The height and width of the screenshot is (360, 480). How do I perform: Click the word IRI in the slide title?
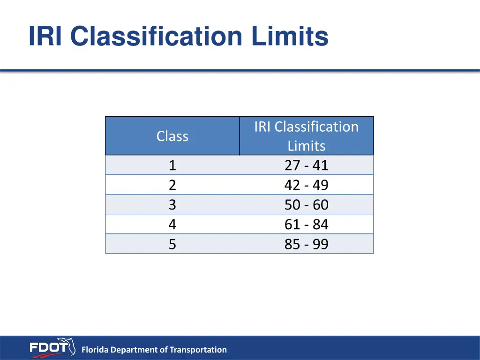point(46,37)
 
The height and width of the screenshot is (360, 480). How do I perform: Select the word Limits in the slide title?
point(289,37)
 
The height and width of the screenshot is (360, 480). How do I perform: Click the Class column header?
point(172,136)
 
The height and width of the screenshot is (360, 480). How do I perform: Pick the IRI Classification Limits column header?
point(307,136)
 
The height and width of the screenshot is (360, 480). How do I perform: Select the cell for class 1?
point(172,165)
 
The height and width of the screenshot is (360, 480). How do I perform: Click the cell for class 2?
point(172,185)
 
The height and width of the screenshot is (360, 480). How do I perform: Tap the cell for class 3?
point(172,205)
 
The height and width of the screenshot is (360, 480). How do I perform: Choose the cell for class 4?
point(172,225)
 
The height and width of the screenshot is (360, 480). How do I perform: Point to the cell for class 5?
point(172,244)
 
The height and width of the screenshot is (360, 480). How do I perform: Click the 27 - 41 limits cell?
point(307,165)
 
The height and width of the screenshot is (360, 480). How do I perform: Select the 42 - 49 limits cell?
point(307,185)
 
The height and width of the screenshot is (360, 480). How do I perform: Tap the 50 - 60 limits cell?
point(307,205)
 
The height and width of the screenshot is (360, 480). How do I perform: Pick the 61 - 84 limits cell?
point(307,225)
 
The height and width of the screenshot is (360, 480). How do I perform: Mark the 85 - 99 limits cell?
point(307,244)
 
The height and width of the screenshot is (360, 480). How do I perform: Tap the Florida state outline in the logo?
point(68,346)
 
